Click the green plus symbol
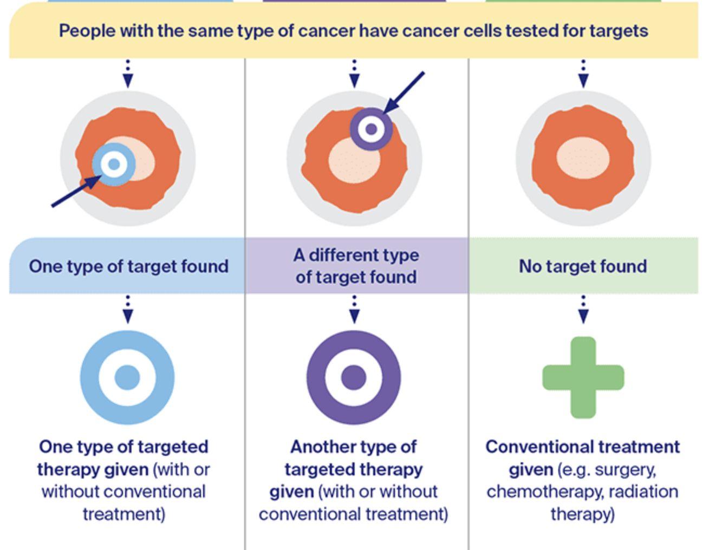(583, 377)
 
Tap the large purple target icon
(354, 377)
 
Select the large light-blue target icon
(127, 377)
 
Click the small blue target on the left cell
(114, 164)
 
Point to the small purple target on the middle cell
(371, 129)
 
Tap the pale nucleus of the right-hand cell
(583, 158)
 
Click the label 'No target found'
(583, 266)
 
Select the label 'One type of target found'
(128, 266)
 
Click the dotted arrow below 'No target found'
(583, 309)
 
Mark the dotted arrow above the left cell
(128, 74)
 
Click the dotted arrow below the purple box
(354, 309)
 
